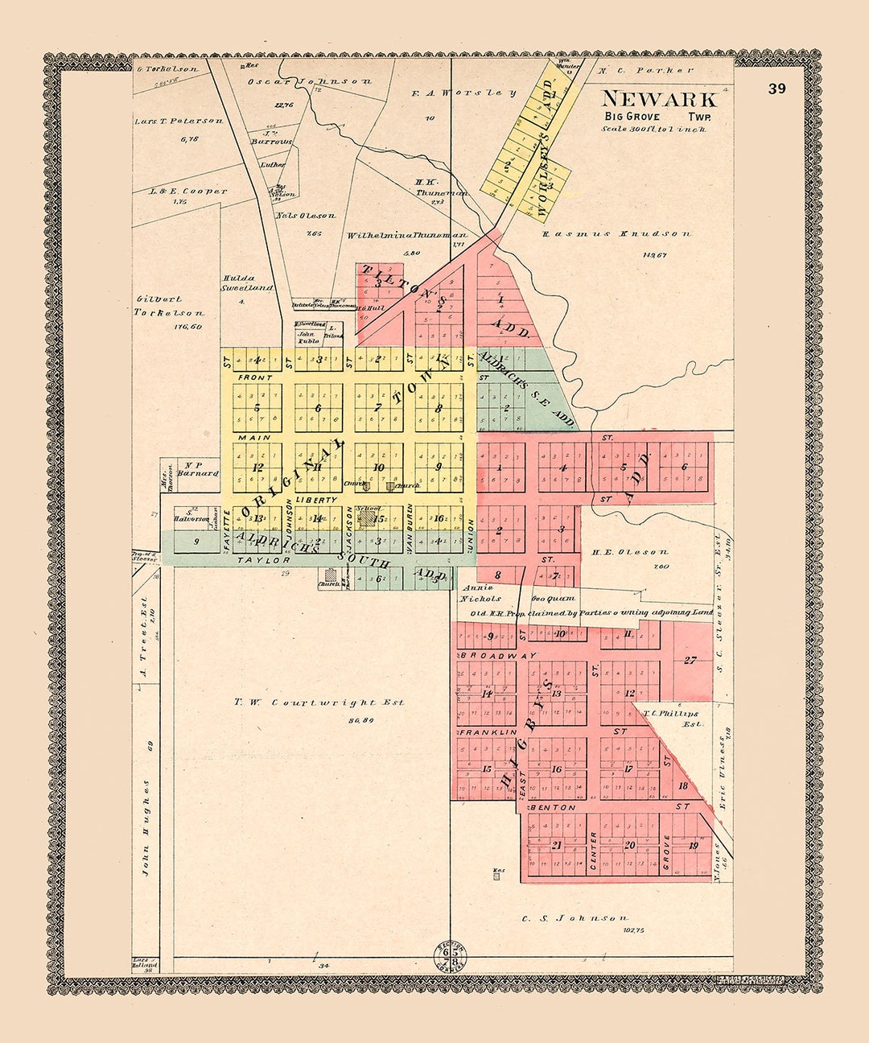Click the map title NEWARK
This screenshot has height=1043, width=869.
658,100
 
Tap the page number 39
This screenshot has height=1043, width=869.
776,89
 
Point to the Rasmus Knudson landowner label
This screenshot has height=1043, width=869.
616,234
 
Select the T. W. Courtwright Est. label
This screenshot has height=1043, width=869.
319,703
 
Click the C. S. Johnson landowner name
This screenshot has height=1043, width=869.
575,918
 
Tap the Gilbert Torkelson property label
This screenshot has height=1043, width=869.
169,306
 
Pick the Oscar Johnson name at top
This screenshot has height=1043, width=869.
309,81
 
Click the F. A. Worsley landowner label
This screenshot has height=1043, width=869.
463,93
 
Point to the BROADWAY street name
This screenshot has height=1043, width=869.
498,656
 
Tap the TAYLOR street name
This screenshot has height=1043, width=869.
263,559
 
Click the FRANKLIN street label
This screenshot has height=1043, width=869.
488,732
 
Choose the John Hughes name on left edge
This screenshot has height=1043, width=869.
147,829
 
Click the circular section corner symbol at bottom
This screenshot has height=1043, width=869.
451,955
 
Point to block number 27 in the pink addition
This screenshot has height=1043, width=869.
690,661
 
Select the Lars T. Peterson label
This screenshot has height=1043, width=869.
179,121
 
